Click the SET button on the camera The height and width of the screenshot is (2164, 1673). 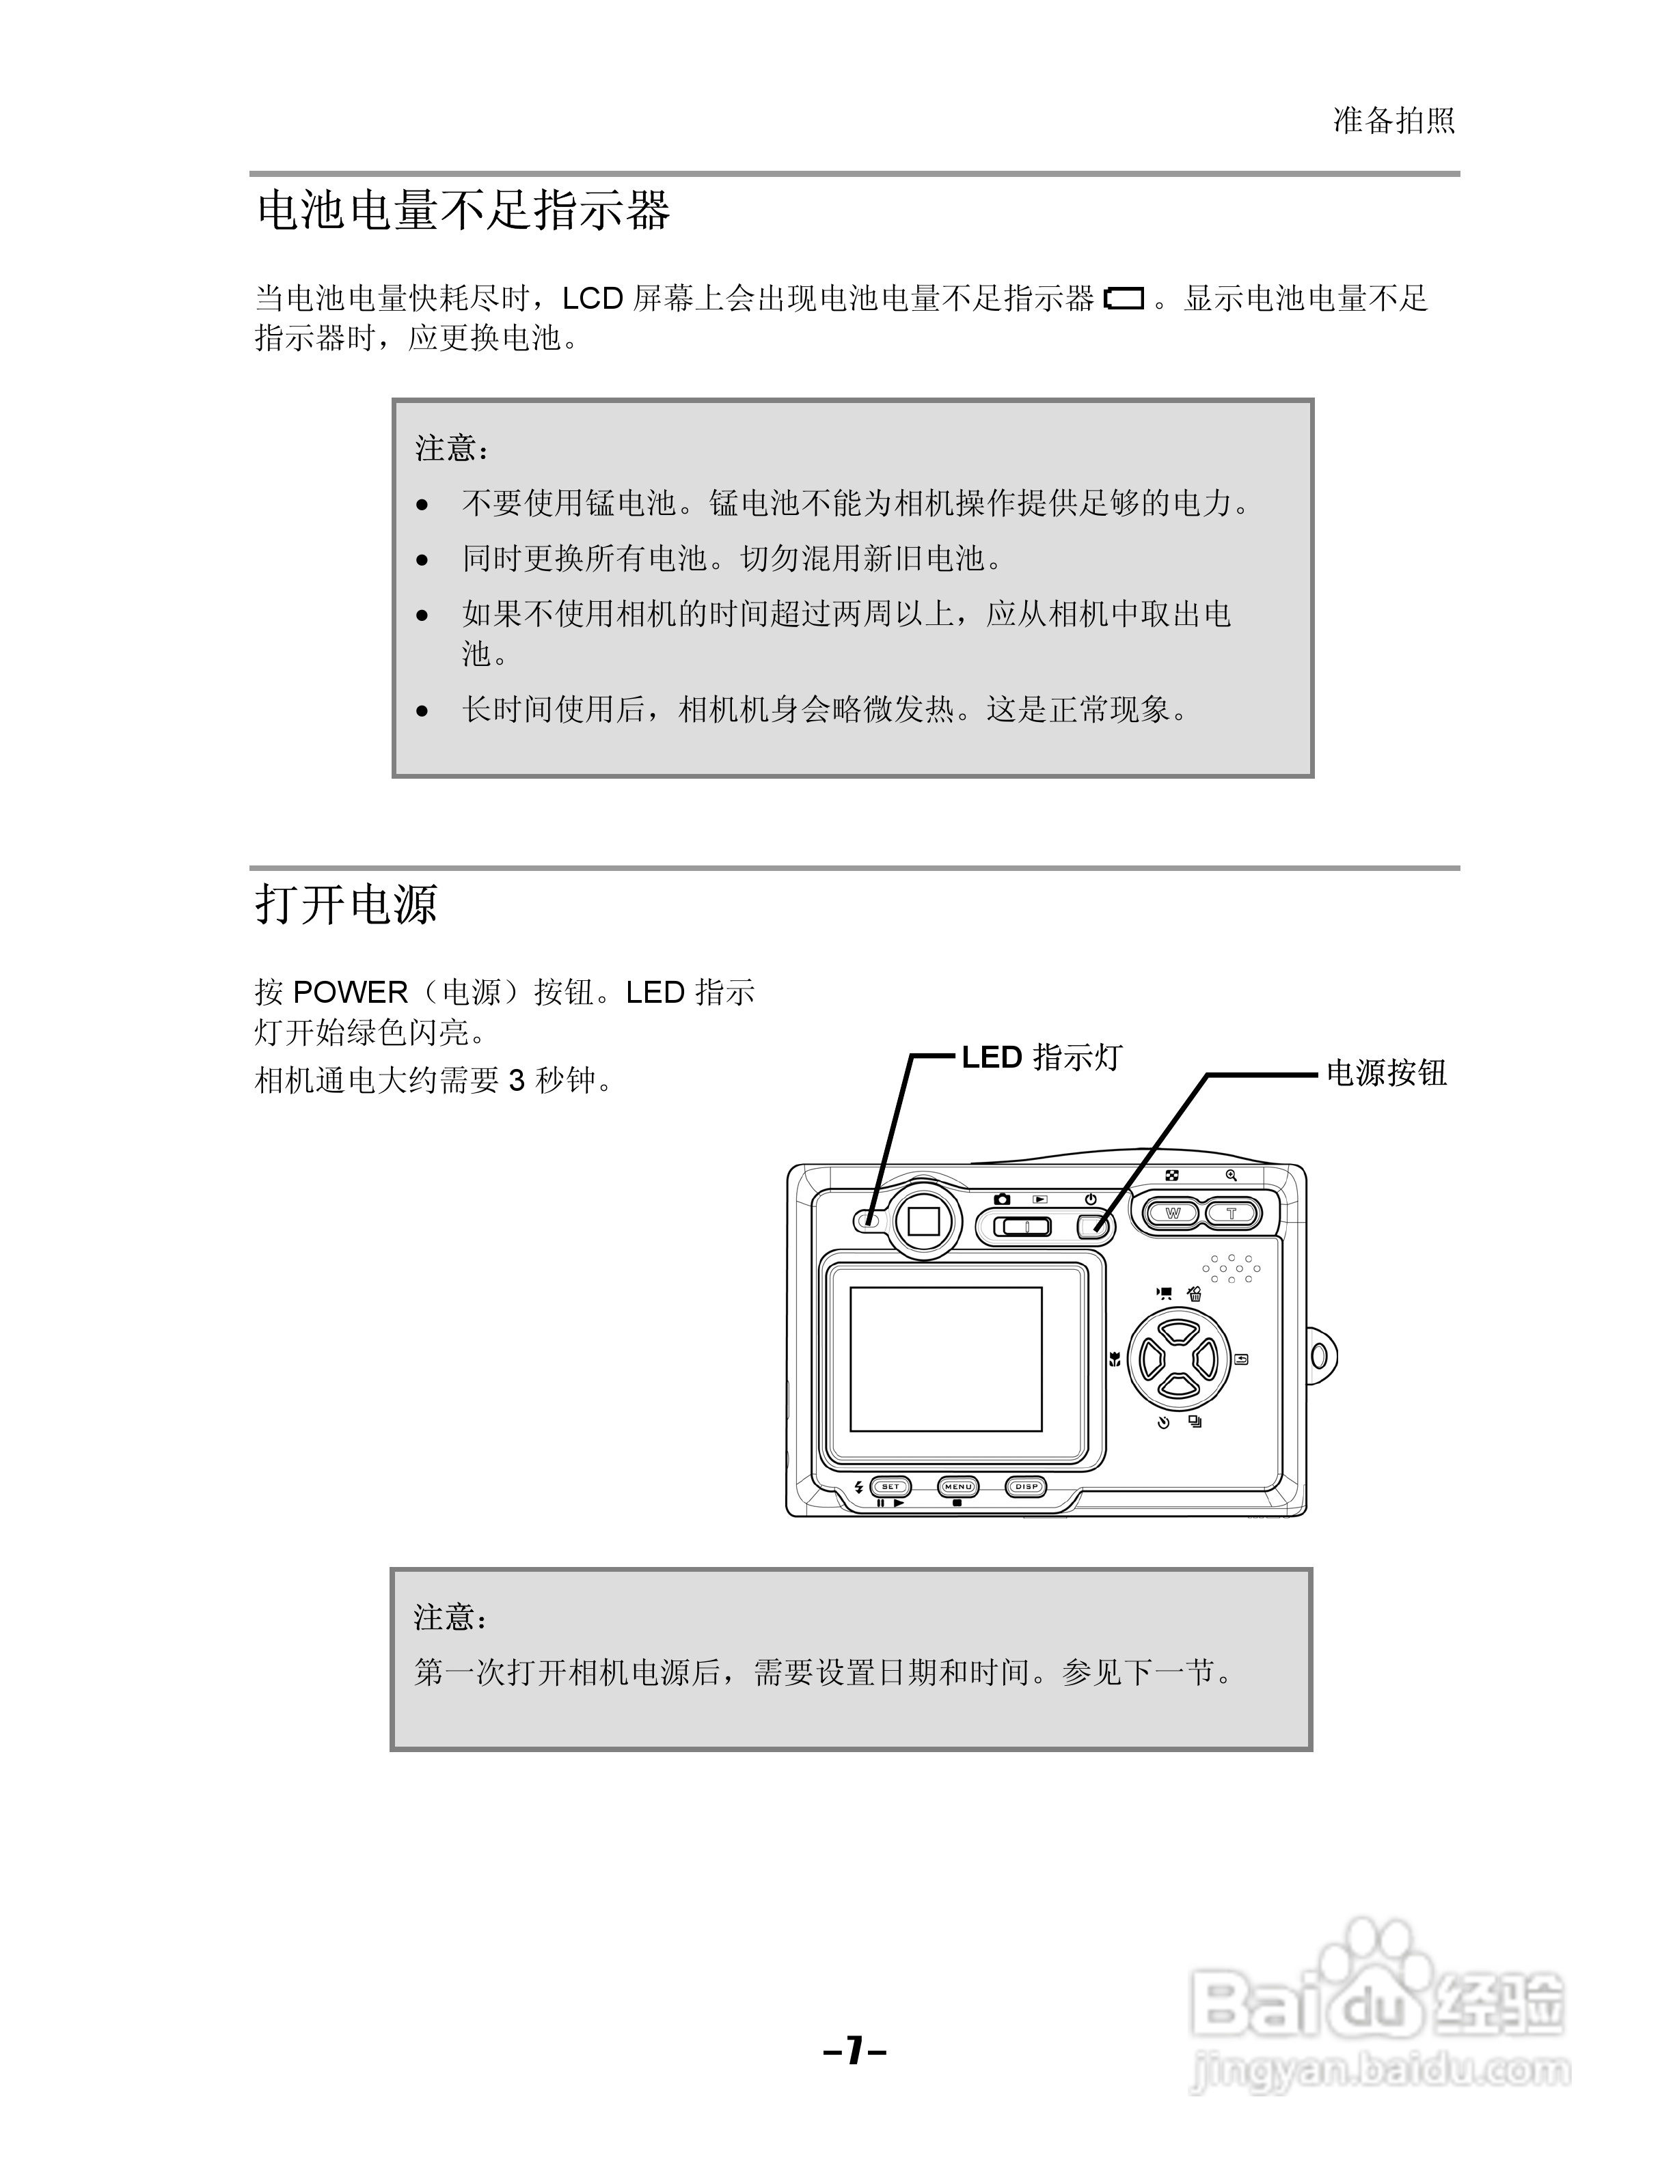coord(890,1486)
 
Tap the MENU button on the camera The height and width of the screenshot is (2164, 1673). coord(957,1486)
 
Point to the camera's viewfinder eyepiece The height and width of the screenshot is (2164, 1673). coord(924,1220)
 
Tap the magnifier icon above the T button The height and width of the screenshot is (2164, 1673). coord(1231,1175)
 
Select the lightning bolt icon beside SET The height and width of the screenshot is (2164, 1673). coord(858,1486)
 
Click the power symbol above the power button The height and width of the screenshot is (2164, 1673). coord(1090,1199)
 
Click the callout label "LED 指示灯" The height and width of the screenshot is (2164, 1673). coord(1041,1057)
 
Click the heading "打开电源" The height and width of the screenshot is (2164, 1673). coord(346,904)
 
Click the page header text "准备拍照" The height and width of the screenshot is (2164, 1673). coord(1393,121)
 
